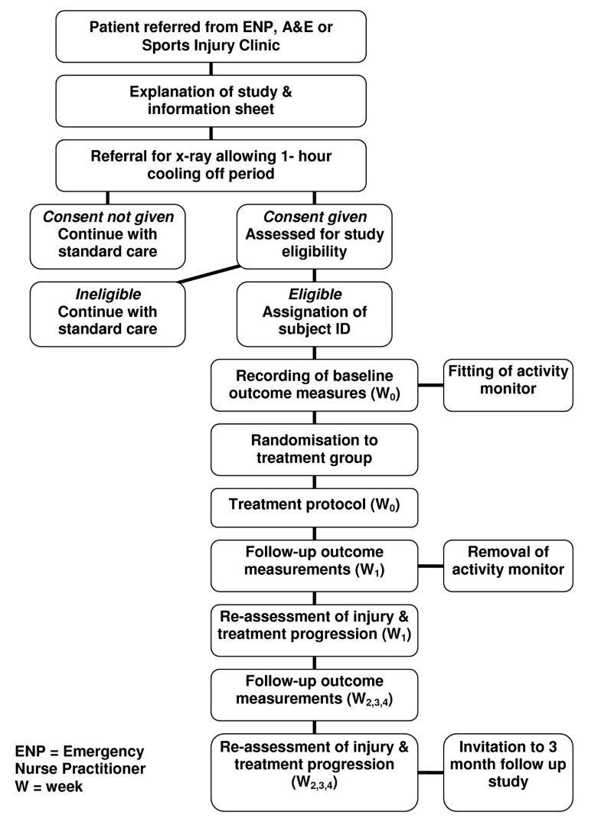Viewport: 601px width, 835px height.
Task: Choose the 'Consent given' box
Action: (315, 234)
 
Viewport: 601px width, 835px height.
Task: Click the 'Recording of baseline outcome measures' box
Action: (315, 384)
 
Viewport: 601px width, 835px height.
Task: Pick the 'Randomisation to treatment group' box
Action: (315, 450)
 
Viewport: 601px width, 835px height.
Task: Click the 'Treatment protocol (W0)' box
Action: (315, 507)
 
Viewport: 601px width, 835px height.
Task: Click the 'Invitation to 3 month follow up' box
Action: (508, 771)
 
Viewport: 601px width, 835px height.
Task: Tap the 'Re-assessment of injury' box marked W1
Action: (315, 629)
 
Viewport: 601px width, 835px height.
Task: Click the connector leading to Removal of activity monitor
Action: (431, 567)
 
